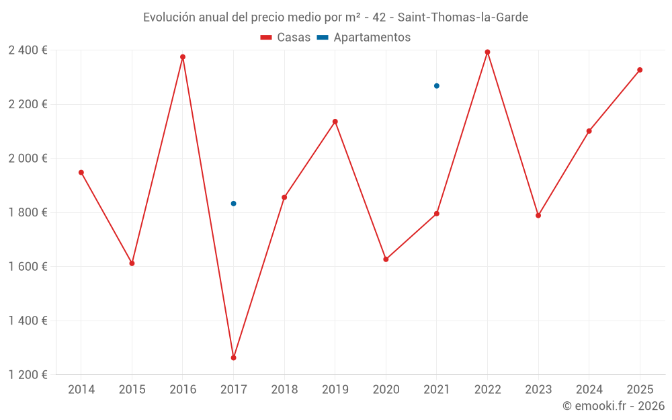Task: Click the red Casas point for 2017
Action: pos(233,358)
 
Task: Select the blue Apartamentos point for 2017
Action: pos(233,204)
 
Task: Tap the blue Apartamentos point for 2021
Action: pos(437,86)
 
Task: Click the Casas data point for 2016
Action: pos(183,57)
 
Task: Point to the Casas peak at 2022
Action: pos(487,52)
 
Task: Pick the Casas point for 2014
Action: pos(81,173)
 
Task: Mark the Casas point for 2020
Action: pos(386,259)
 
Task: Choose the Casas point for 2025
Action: pos(640,70)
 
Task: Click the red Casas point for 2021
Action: pos(437,214)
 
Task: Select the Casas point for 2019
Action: pos(335,122)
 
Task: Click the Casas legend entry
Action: pos(286,38)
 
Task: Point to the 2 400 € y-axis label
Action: pos(28,50)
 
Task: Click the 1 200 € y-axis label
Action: pos(28,375)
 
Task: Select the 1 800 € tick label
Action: pos(28,212)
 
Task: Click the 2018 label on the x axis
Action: pos(284,390)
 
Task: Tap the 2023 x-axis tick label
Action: pos(538,390)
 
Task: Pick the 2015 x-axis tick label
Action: pos(132,390)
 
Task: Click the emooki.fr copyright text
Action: pos(613,406)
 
